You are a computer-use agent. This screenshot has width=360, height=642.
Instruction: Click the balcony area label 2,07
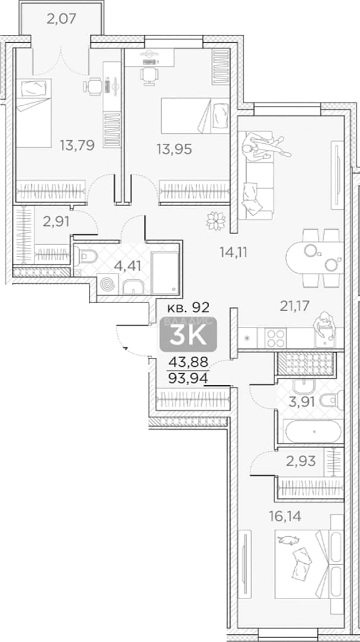click(62, 18)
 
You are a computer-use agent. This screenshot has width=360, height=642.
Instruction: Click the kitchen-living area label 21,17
click(293, 306)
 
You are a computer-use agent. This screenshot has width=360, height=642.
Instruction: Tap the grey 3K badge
click(188, 335)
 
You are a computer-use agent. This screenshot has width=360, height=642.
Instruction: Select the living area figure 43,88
click(188, 362)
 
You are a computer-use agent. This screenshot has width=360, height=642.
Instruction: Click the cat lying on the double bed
click(288, 540)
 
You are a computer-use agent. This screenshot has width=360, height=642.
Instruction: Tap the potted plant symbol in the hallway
click(216, 221)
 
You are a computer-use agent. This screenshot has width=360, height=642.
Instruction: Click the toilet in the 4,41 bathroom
click(86, 256)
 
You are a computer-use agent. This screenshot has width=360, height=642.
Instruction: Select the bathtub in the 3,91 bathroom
click(313, 432)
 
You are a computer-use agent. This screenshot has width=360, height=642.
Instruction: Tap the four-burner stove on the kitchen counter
click(275, 338)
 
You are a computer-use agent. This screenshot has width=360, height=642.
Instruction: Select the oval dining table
click(315, 257)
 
